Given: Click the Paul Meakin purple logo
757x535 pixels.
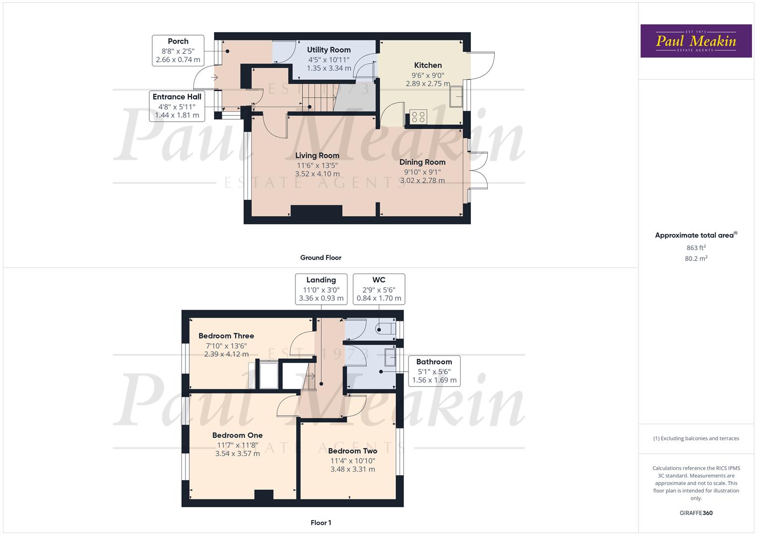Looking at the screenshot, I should point(696,41).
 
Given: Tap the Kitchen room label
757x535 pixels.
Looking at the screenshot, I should point(428,65).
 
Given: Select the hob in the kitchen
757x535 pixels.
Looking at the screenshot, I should point(418,117).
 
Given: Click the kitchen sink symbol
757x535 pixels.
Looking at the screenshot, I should point(456,97).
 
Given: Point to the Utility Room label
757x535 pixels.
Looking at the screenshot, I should point(329,50).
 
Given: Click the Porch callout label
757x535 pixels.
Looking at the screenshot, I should point(178,42).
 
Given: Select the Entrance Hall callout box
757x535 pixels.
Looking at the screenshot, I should point(177,106).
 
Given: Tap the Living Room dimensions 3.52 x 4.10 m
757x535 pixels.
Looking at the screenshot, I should point(317,174).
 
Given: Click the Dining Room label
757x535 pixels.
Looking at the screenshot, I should point(422,162).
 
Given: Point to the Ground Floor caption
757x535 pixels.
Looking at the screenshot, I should point(321,258).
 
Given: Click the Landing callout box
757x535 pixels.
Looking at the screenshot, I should point(321,289).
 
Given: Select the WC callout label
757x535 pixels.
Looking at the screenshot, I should point(379,280).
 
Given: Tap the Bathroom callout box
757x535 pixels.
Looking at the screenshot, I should point(434,371).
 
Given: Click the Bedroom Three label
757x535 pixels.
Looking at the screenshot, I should point(226,336).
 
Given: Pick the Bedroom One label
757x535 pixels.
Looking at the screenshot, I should point(237,435).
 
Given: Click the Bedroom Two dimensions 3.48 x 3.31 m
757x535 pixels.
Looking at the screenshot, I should point(353,469).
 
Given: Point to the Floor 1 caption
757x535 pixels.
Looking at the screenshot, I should point(321,523).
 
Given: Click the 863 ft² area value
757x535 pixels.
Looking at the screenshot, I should point(696,248).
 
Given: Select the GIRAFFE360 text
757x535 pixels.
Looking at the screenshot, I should point(696,513).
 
